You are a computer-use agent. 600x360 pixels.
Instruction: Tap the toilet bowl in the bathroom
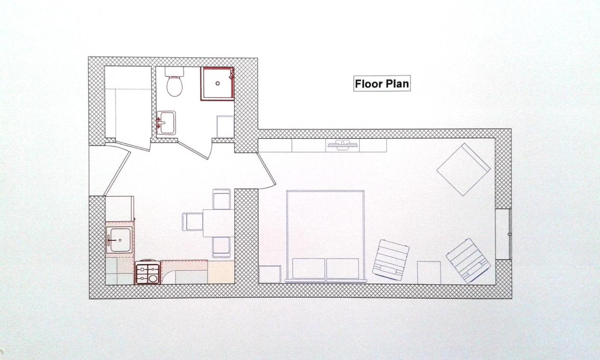[x=175, y=86]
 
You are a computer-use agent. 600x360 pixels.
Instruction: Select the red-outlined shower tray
[x=218, y=84]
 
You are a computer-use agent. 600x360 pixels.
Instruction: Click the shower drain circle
[x=218, y=84]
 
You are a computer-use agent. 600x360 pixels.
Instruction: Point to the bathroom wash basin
[x=166, y=123]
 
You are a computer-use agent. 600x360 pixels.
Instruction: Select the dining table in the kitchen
[x=219, y=223]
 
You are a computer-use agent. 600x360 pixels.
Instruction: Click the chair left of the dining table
[x=192, y=222]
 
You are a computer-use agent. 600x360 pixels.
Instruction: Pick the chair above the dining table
[x=222, y=199]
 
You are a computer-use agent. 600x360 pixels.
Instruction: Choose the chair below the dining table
[x=221, y=247]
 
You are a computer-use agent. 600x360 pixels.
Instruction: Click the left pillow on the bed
[x=309, y=268]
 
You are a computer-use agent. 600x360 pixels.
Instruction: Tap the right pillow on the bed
[x=342, y=268]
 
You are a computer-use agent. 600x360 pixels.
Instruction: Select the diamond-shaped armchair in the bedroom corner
[x=464, y=169]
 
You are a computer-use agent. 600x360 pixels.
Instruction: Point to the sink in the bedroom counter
[x=342, y=145]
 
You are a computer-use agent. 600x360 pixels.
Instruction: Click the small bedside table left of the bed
[x=270, y=274]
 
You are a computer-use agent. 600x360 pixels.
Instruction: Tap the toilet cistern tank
[x=174, y=72]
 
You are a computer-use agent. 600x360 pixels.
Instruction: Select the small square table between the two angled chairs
[x=429, y=273]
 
